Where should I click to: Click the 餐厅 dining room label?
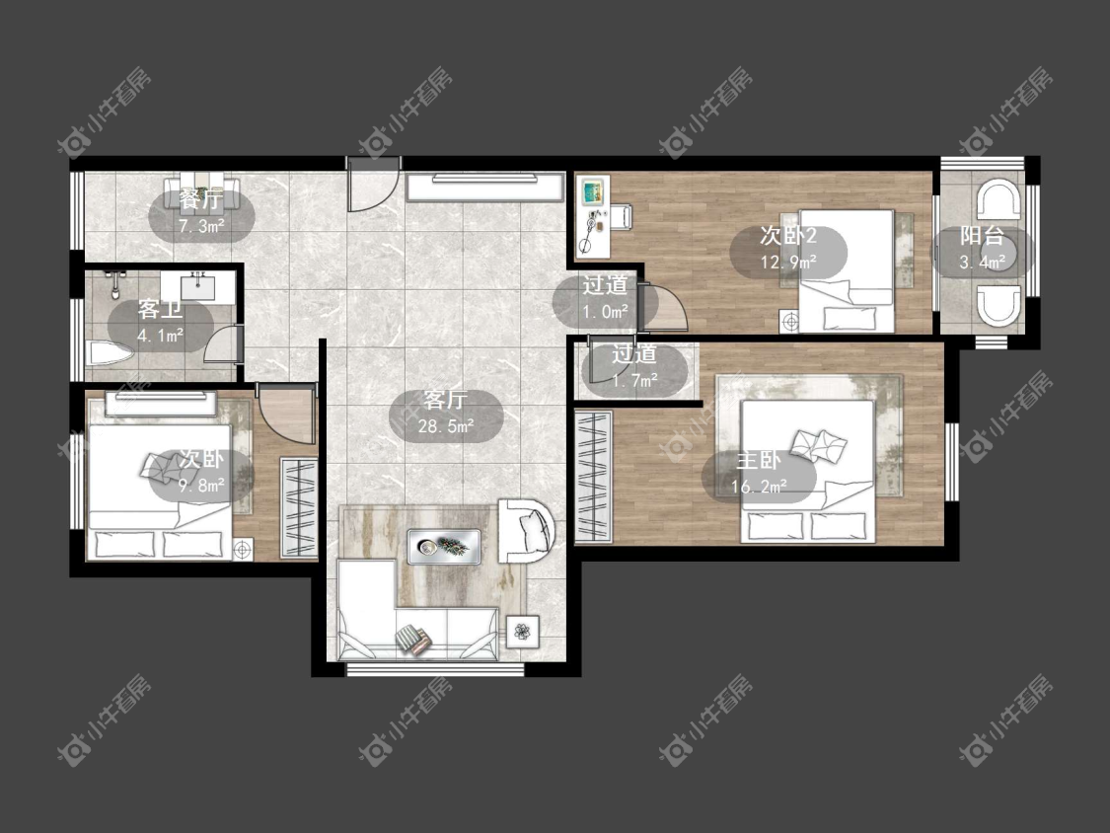[x=200, y=199]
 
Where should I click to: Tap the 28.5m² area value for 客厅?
[x=445, y=426]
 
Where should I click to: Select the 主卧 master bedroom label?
[x=758, y=460]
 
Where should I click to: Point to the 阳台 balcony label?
[x=982, y=236]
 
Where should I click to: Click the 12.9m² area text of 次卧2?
[x=788, y=263]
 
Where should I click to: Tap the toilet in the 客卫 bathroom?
[x=111, y=353]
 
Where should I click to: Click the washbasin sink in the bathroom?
[x=198, y=288]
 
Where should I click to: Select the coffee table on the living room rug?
[x=445, y=547]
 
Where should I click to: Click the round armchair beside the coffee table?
[x=528, y=531]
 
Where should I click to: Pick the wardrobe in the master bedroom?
[x=593, y=478]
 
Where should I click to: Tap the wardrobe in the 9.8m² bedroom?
[x=299, y=508]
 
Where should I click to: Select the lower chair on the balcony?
[x=999, y=305]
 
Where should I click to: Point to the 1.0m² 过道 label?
[x=605, y=297]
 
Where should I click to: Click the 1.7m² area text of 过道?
[x=634, y=380]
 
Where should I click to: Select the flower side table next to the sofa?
[x=522, y=631]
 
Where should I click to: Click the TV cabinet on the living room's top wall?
[x=484, y=187]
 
